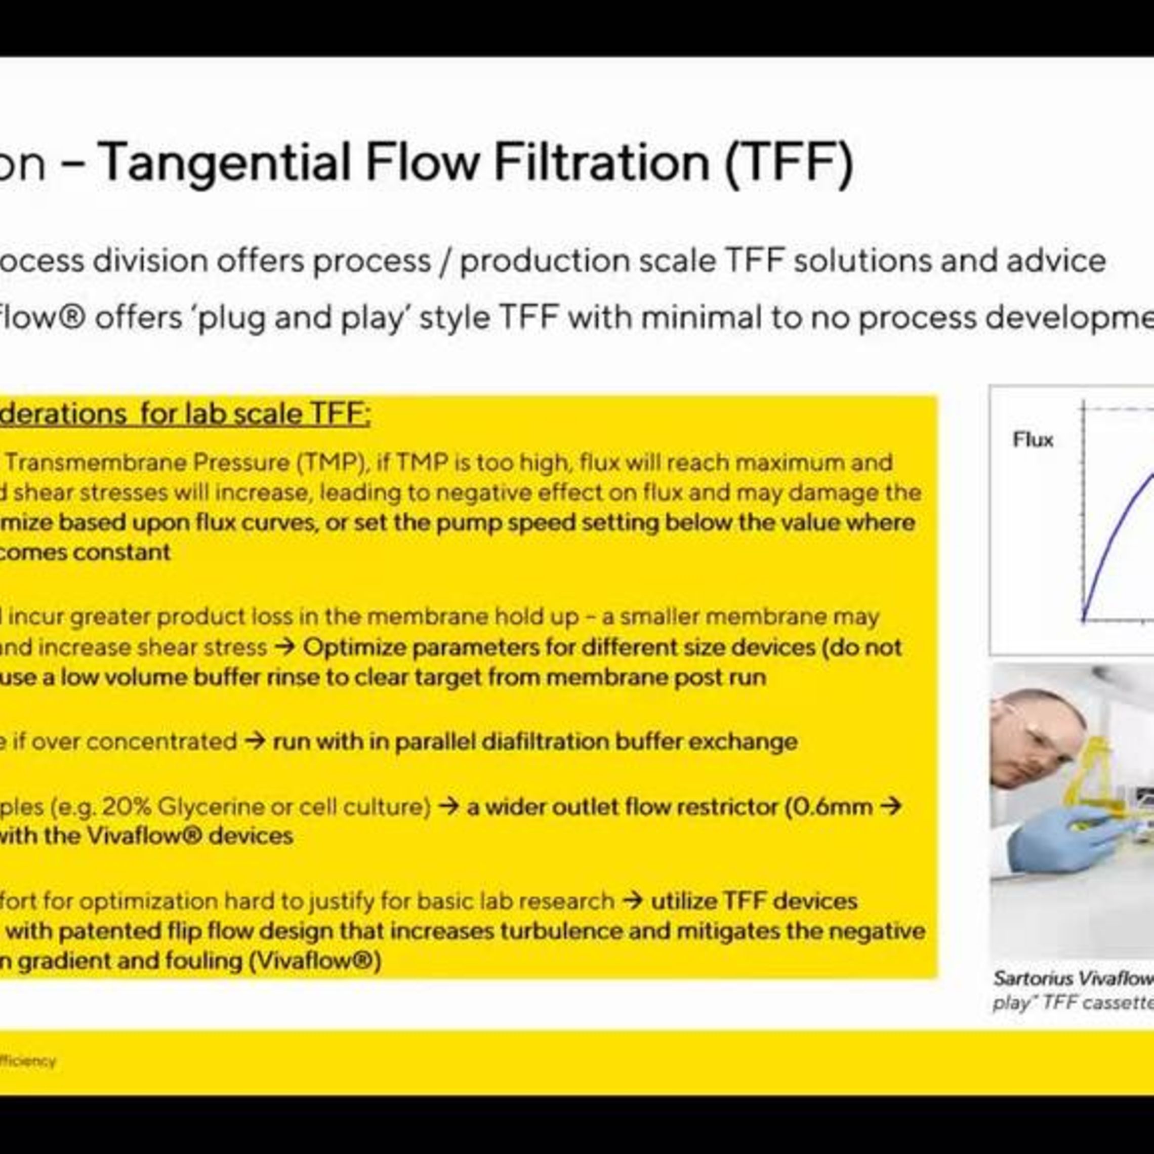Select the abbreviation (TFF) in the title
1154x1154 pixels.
(789, 162)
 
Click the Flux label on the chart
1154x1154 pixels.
(1033, 440)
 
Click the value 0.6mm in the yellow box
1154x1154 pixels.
(836, 807)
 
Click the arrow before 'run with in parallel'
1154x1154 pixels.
(255, 742)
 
